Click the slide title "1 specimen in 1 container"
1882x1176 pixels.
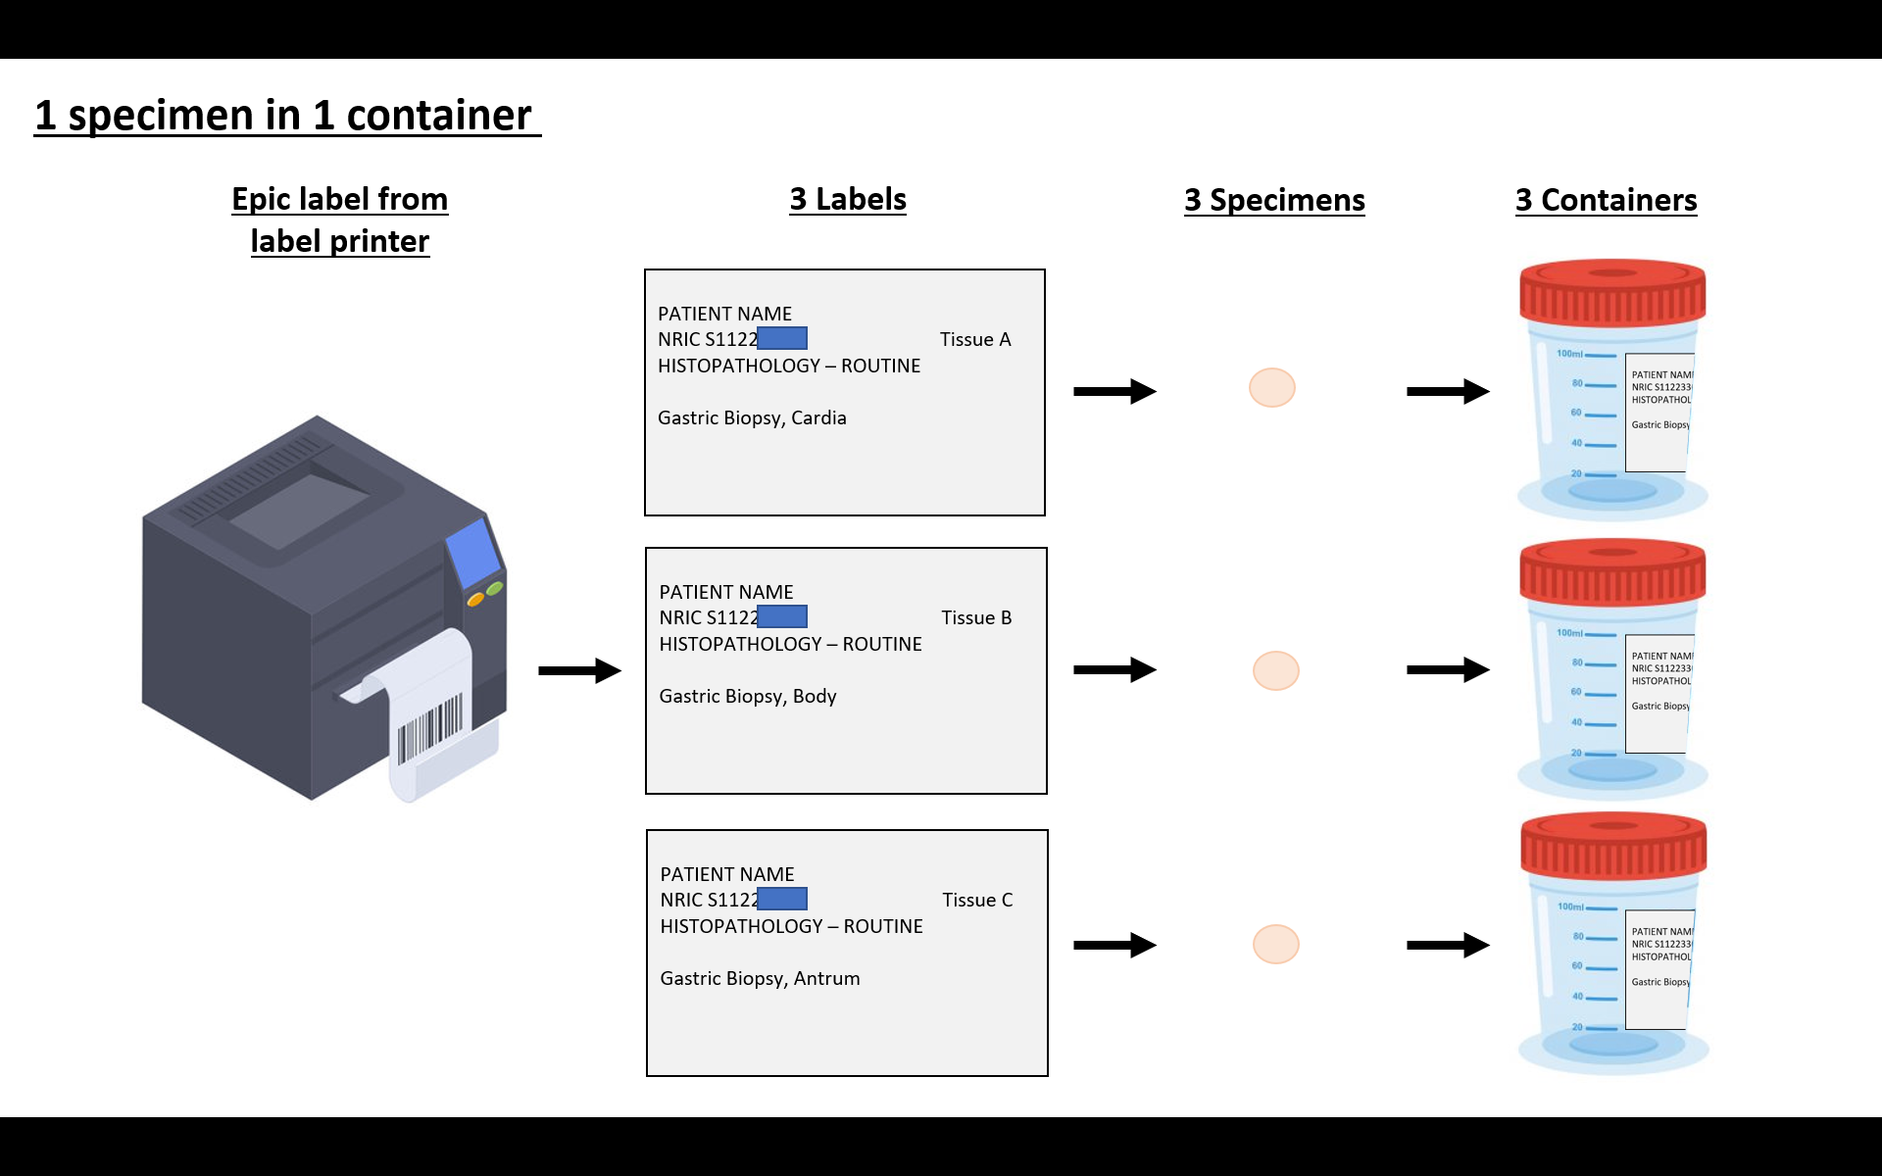pyautogui.click(x=283, y=116)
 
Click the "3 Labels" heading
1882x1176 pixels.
pyautogui.click(x=848, y=199)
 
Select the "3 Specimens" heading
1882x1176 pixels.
pyautogui.click(x=1273, y=200)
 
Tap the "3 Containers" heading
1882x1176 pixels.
pyautogui.click(x=1606, y=200)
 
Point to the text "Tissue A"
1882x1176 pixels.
pyautogui.click(x=974, y=339)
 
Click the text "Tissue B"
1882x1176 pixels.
pyautogui.click(x=976, y=617)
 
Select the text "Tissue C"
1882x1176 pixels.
pyautogui.click(x=977, y=900)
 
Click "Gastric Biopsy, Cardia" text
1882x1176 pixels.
pyautogui.click(x=752, y=417)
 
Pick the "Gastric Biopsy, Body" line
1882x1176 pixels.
pyautogui.click(x=748, y=696)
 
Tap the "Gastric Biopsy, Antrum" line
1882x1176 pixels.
pyautogui.click(x=760, y=978)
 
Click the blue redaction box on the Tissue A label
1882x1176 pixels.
pyautogui.click(x=782, y=338)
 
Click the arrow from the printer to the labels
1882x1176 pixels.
pyautogui.click(x=579, y=670)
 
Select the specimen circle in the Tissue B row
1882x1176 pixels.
pyautogui.click(x=1275, y=670)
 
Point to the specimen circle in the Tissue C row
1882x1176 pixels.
pyautogui.click(x=1275, y=944)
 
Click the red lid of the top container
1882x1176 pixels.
pyautogui.click(x=1612, y=291)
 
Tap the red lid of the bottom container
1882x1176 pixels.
pyautogui.click(x=1613, y=845)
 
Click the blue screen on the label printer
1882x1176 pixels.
pyautogui.click(x=473, y=552)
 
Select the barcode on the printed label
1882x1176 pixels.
pyautogui.click(x=430, y=729)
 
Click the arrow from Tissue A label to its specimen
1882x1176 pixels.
pyautogui.click(x=1114, y=391)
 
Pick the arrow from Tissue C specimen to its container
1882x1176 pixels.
pyautogui.click(x=1448, y=945)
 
